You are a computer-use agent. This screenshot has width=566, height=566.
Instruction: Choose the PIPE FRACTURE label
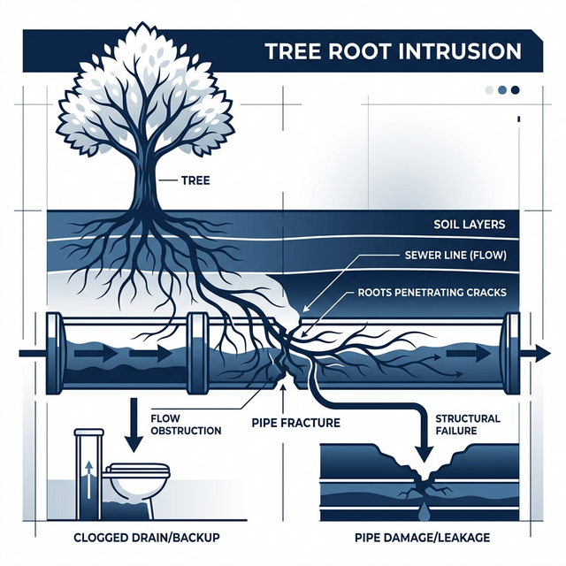click(x=296, y=423)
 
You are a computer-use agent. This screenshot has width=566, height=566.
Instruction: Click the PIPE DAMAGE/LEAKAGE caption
click(x=423, y=538)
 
